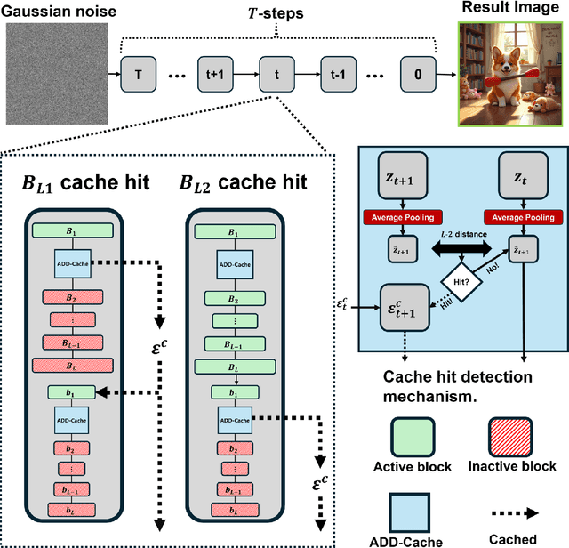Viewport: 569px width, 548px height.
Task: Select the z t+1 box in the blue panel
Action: (404, 169)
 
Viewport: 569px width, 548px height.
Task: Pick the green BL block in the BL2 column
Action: (232, 365)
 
